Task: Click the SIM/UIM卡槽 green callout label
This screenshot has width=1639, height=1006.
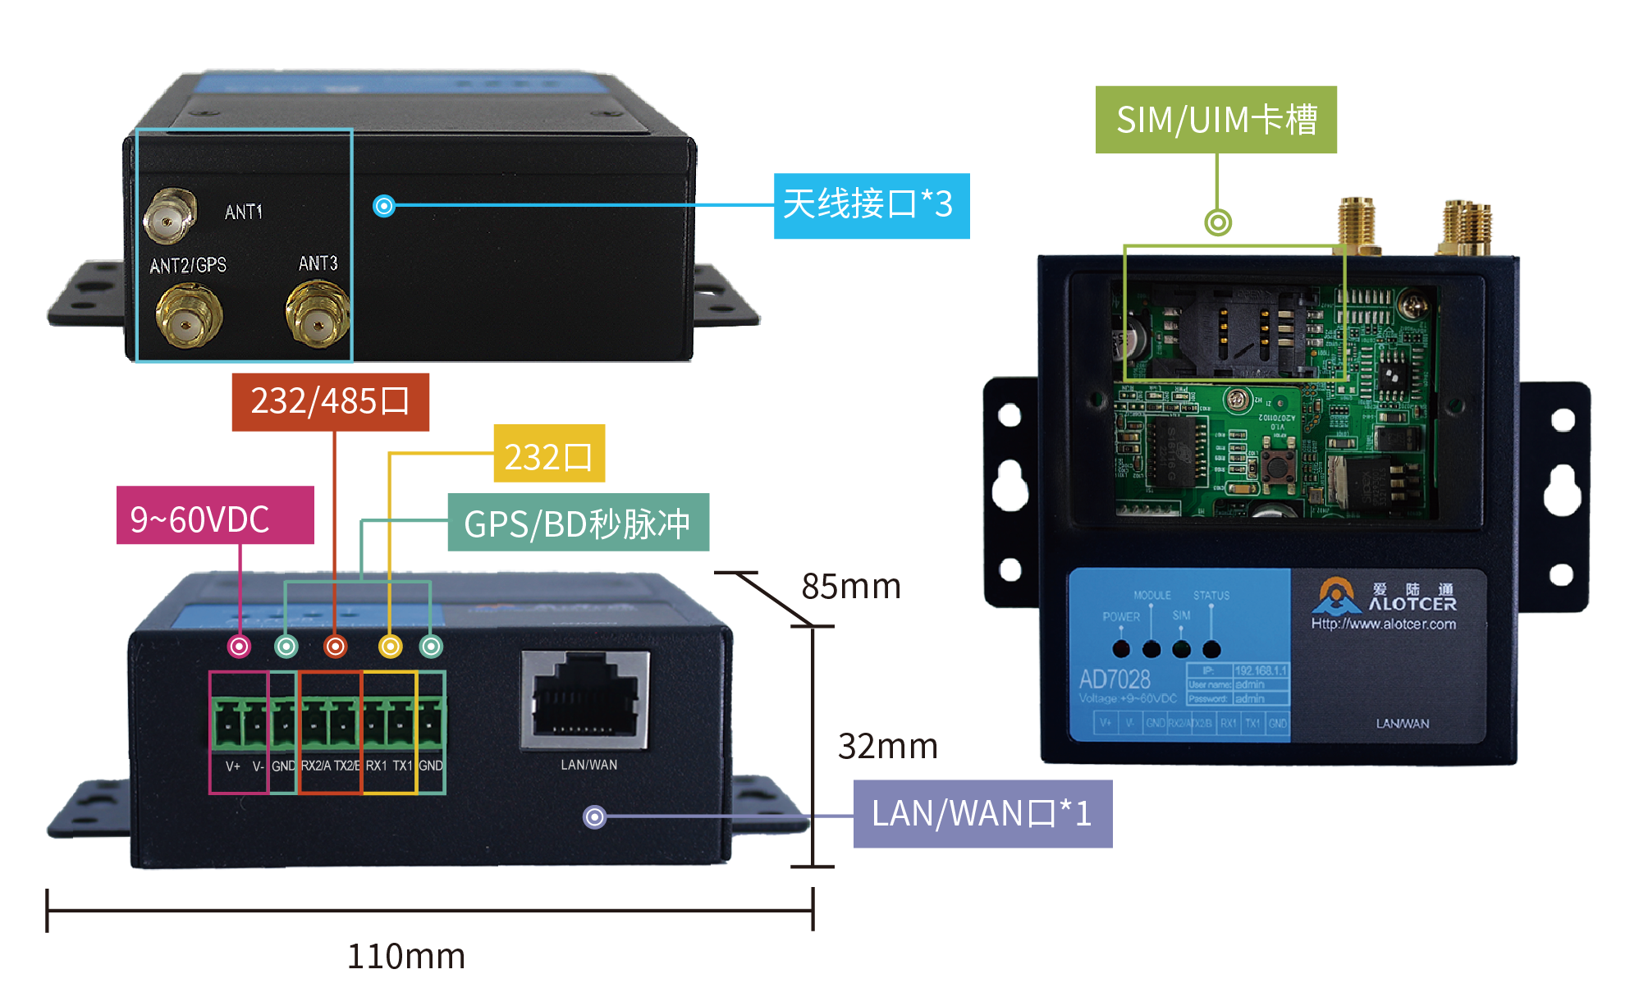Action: [1216, 120]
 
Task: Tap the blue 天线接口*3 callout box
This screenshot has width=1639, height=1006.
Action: [871, 205]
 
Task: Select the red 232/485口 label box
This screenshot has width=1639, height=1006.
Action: [330, 401]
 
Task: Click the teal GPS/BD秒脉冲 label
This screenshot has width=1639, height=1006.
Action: [578, 523]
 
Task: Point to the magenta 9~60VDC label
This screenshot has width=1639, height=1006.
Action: [215, 516]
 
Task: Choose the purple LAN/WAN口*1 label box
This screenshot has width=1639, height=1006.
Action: [982, 813]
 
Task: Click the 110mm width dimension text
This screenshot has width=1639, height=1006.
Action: [405, 956]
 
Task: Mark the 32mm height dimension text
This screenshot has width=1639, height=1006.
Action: [887, 746]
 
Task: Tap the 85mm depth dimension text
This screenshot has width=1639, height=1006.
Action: [851, 586]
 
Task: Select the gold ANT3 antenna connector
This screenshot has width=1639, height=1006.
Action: [317, 314]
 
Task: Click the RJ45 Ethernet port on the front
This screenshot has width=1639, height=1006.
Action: [585, 700]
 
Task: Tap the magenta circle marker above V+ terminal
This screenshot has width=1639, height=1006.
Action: [239, 647]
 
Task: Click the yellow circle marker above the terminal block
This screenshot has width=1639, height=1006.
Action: [391, 647]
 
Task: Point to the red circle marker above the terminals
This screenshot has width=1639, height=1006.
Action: [336, 647]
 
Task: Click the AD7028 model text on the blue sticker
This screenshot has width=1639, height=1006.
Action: [1115, 679]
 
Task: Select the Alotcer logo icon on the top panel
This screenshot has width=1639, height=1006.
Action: [1336, 597]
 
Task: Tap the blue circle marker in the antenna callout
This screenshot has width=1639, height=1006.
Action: [384, 205]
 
